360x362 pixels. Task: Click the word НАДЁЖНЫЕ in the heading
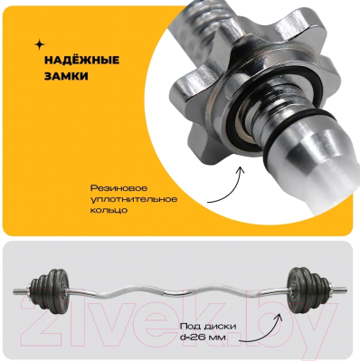[82, 60]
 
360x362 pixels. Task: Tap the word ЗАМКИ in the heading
[66, 76]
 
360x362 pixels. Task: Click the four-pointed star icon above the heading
[39, 45]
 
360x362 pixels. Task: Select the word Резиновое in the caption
[119, 188]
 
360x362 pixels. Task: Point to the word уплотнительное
[134, 199]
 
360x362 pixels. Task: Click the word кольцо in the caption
[109, 210]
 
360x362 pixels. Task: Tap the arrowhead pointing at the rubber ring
[241, 170]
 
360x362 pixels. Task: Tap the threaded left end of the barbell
[21, 291]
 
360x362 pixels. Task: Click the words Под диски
[208, 326]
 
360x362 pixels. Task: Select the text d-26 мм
[203, 337]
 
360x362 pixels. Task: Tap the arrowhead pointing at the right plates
[279, 318]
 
